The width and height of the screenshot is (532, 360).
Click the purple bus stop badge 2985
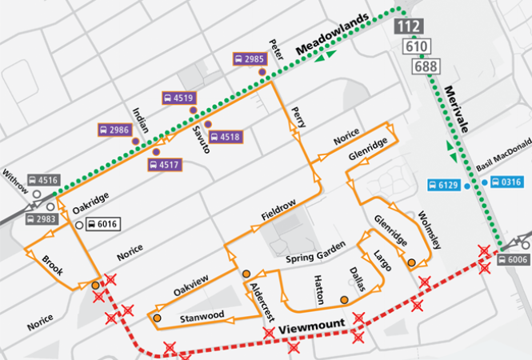[x=249, y=59]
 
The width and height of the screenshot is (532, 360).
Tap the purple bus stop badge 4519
[x=178, y=98]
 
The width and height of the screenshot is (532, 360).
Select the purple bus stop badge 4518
[x=225, y=137]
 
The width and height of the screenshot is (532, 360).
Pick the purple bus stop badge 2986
[x=114, y=130]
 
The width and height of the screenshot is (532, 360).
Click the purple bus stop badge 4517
[x=164, y=164]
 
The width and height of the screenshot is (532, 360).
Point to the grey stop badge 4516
[x=42, y=181]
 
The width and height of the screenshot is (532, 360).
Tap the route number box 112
[x=409, y=28]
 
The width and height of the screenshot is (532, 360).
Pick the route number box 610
[x=415, y=47]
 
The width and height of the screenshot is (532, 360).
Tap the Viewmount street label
[x=315, y=327]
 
